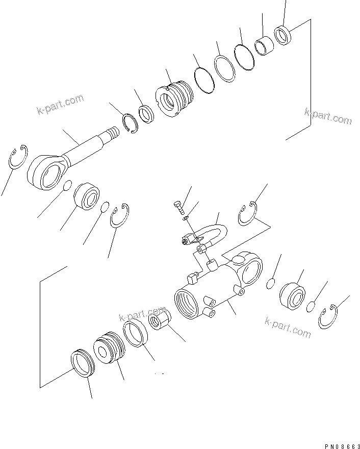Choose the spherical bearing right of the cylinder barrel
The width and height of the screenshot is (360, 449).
point(293,295)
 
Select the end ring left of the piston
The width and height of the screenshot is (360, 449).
point(82,363)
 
